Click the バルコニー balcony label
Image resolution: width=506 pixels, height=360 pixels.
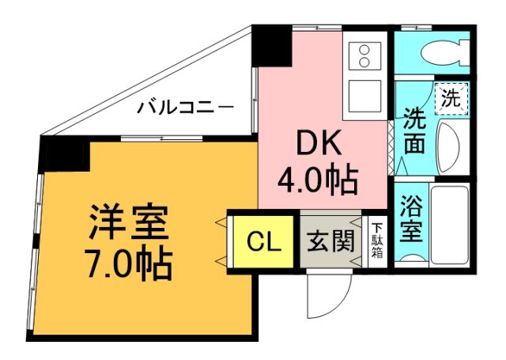pos(185,107)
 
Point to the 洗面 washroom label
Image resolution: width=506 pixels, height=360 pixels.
pos(413,131)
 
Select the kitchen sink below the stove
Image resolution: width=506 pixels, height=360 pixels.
pos(365,95)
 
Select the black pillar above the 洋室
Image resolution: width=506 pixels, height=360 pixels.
pos(66,154)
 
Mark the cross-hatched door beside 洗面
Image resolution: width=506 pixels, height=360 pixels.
pos(391,146)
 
